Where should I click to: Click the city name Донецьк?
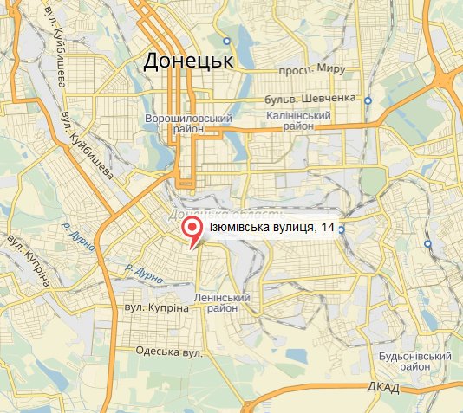click(x=188, y=61)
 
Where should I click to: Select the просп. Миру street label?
click(x=311, y=70)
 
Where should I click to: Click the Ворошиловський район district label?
click(x=188, y=124)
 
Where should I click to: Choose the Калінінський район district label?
click(x=298, y=120)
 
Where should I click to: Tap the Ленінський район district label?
click(x=229, y=302)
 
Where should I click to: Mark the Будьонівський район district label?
click(x=416, y=362)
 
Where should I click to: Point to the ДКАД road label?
click(x=382, y=387)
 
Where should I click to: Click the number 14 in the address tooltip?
click(x=327, y=227)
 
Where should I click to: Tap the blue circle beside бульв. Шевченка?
click(x=368, y=100)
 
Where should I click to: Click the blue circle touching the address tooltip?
click(x=342, y=229)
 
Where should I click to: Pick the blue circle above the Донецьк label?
click(x=227, y=41)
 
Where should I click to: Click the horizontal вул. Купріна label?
click(x=155, y=308)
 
